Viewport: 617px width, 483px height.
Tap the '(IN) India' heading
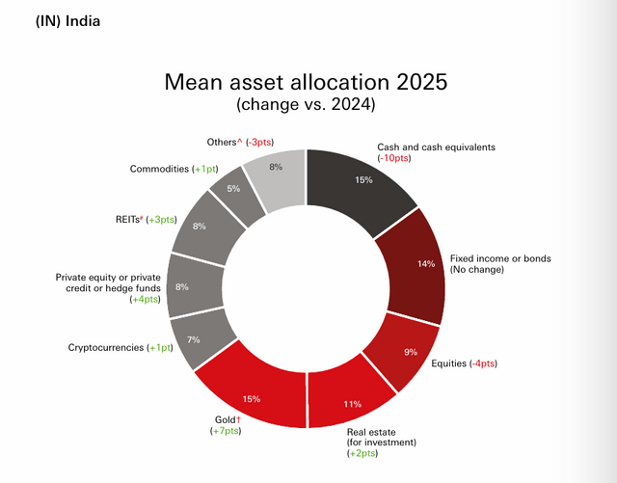pyautogui.click(x=54, y=20)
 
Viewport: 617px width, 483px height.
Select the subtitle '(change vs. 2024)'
pyautogui.click(x=306, y=102)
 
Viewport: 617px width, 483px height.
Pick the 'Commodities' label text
pyautogui.click(x=159, y=169)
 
